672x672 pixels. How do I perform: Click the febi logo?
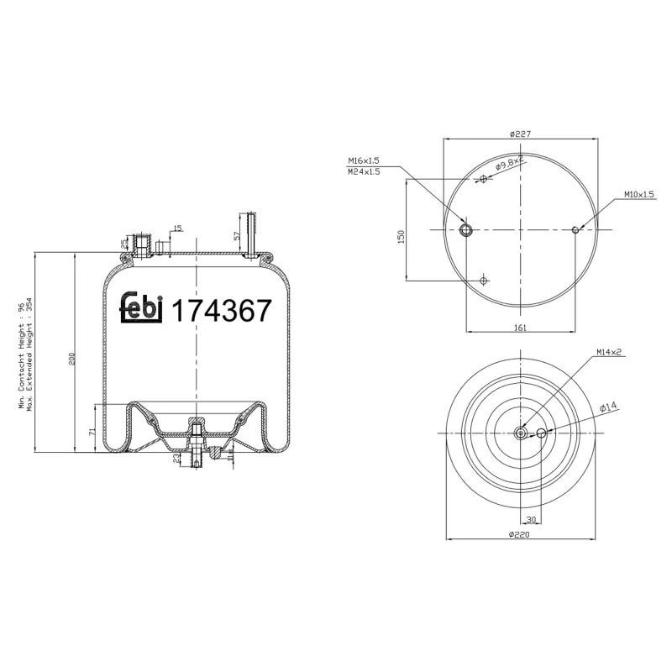click(141, 309)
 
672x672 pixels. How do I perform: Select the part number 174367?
click(222, 311)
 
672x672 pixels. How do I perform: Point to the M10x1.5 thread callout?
click(639, 195)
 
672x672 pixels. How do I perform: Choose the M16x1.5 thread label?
click(364, 160)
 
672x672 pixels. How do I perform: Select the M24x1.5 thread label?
click(364, 171)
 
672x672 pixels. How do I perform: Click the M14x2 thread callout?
click(609, 352)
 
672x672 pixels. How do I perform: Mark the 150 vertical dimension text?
click(402, 238)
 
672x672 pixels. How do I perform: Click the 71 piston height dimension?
click(91, 431)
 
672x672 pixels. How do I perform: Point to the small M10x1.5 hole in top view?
click(575, 229)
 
